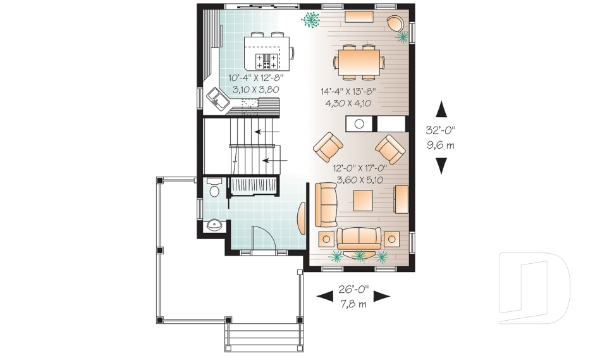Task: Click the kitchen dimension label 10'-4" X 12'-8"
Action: coord(256,78)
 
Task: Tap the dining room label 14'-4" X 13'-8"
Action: coord(348,92)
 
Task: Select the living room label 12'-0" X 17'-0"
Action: coord(360,168)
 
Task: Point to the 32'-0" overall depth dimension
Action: coord(441,130)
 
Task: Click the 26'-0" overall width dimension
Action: coord(353,289)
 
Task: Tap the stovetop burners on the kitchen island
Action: coord(266,61)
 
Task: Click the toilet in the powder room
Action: coord(214,188)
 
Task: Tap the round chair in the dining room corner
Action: coord(396,23)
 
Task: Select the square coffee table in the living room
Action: coord(363,201)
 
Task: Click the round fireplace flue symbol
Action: coord(359,124)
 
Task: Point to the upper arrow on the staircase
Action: coord(267,132)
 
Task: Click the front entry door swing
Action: coord(263,239)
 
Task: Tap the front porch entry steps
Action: coord(264,337)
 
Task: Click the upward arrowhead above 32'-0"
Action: coord(441,109)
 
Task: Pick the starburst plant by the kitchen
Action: coord(310,20)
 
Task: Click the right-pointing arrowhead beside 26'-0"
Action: coord(382,297)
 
